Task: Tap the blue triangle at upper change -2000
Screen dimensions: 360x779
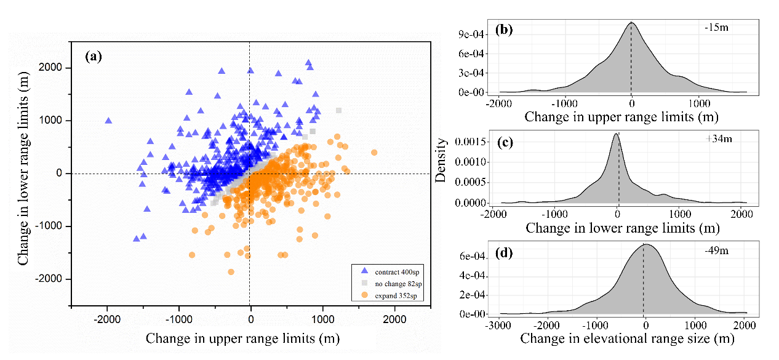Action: click(108, 121)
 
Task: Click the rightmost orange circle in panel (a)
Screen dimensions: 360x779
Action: click(374, 152)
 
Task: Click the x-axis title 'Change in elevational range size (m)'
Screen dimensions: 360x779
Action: click(628, 338)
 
